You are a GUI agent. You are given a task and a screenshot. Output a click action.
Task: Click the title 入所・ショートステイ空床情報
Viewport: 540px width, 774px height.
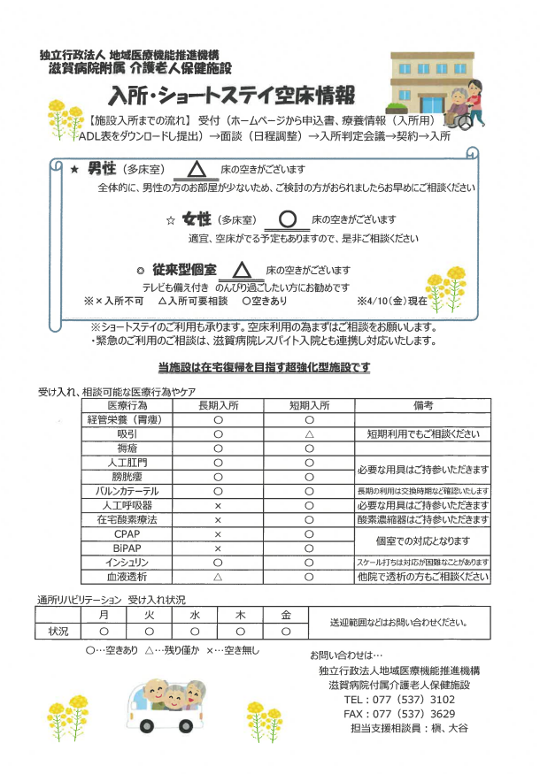pyautogui.click(x=232, y=95)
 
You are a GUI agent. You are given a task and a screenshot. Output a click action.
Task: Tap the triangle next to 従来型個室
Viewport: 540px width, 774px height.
pyautogui.click(x=242, y=270)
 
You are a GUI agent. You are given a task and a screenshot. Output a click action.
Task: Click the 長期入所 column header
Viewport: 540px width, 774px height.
pyautogui.click(x=218, y=405)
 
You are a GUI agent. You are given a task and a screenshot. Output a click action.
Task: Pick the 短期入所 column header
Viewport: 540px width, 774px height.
pyautogui.click(x=309, y=405)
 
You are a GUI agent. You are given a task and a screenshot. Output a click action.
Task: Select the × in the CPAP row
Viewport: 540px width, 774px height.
pyautogui.click(x=218, y=534)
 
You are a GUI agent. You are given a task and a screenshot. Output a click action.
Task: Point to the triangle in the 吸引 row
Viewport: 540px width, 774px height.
pyautogui.click(x=309, y=434)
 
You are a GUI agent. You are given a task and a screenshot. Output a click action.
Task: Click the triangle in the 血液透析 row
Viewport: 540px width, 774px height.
pyautogui.click(x=218, y=577)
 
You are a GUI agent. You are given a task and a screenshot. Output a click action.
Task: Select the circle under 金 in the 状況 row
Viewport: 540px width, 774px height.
pyautogui.click(x=286, y=632)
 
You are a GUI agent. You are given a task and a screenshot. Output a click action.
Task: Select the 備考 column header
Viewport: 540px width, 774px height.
pyautogui.click(x=422, y=405)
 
